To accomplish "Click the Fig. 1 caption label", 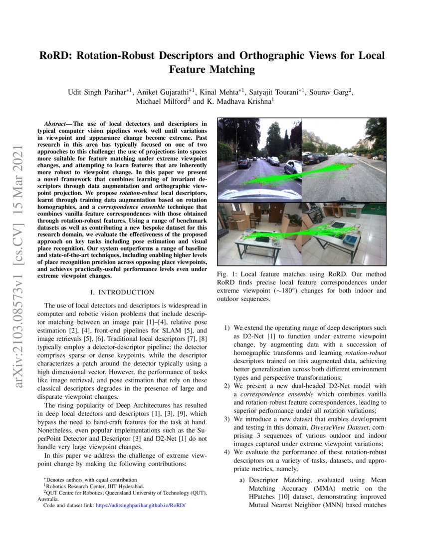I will (x=226, y=274).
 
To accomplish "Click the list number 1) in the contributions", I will (x=226, y=328).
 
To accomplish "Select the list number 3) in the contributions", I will (x=226, y=419).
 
